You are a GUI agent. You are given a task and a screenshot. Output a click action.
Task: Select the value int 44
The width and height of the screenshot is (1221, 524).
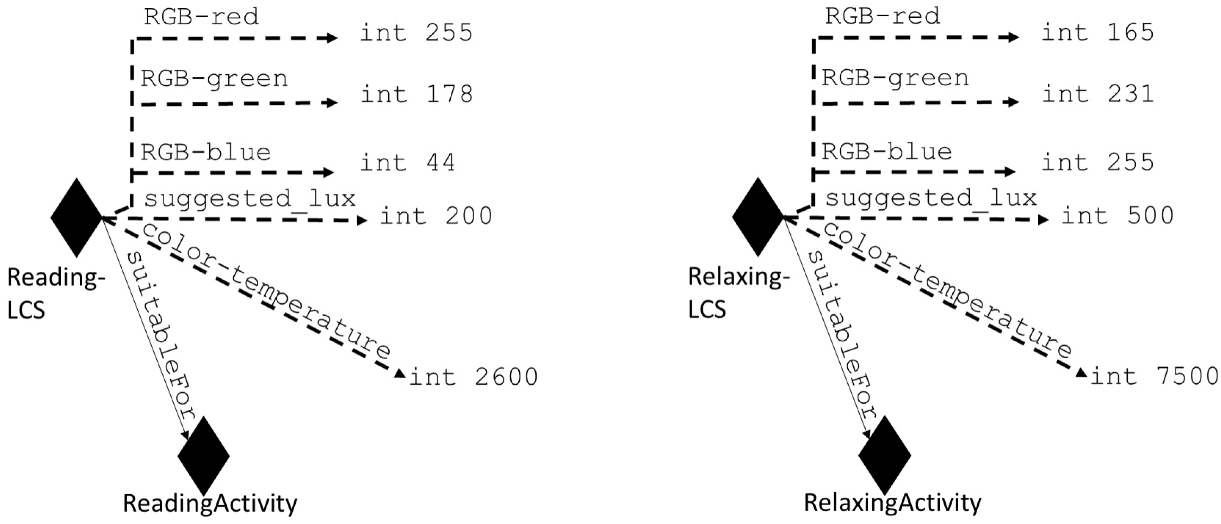pos(408,163)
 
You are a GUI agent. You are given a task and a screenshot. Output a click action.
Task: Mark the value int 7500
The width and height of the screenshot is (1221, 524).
pos(1154,376)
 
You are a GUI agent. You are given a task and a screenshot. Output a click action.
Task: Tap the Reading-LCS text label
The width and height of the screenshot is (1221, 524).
pos(54,294)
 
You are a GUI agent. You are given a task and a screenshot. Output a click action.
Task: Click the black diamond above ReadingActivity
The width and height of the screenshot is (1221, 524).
pos(204,456)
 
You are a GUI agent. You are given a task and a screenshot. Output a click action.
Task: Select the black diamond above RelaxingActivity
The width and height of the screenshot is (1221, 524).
pos(884,455)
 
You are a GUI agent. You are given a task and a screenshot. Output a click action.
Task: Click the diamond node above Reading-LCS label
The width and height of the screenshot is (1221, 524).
pos(76,217)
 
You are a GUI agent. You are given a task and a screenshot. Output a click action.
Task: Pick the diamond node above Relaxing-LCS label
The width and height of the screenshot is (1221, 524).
pos(757,217)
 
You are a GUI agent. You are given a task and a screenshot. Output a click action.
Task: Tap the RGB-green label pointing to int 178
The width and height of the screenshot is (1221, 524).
pos(214,78)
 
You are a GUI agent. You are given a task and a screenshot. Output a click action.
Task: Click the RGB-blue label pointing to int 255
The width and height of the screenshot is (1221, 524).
pos(886,151)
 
